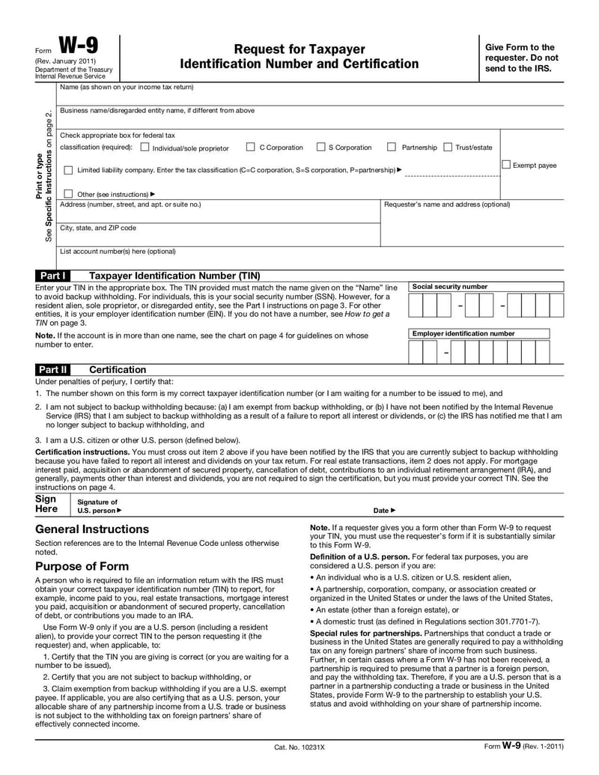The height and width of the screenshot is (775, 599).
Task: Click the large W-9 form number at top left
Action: (x=78, y=46)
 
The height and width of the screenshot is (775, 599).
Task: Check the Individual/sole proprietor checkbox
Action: (x=145, y=148)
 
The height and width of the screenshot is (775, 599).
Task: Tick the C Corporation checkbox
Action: (x=251, y=148)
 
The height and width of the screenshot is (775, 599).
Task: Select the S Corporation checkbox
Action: (x=320, y=148)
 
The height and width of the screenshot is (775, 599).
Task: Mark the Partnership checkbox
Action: (x=391, y=148)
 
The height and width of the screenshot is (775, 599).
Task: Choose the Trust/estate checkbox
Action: (x=448, y=148)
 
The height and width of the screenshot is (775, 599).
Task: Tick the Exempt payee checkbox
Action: (x=506, y=165)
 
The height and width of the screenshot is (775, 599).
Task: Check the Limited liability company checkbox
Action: (x=68, y=171)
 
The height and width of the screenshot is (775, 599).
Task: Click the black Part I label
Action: (x=52, y=276)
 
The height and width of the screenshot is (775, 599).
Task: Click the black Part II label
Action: (x=53, y=370)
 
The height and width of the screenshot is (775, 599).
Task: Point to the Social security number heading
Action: (x=449, y=287)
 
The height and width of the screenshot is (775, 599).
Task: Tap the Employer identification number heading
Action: (x=463, y=333)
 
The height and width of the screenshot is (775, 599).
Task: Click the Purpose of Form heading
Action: (x=82, y=566)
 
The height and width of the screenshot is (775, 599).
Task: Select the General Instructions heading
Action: (x=92, y=529)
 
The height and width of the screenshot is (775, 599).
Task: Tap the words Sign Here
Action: (x=46, y=504)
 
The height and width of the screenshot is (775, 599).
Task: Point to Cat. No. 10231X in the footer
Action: (x=299, y=747)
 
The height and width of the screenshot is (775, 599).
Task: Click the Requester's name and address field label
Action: (x=446, y=204)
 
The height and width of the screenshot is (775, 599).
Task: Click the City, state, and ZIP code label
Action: (x=98, y=228)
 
